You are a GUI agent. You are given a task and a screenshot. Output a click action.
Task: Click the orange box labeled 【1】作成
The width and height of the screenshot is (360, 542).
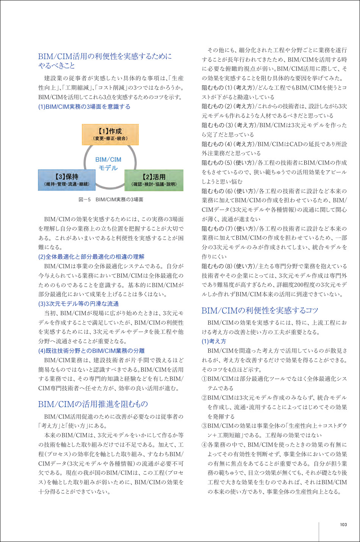click(110, 134)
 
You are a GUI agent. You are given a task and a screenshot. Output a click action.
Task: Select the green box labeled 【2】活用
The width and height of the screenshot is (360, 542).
click(154, 180)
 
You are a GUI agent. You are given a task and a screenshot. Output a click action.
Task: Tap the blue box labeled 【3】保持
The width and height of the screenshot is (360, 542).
click(67, 180)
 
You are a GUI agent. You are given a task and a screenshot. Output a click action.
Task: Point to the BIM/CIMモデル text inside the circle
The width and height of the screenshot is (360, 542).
click(108, 164)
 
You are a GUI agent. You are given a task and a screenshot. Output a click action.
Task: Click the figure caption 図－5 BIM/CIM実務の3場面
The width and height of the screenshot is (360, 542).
click(111, 199)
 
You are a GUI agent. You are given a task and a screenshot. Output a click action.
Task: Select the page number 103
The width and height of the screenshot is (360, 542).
click(343, 525)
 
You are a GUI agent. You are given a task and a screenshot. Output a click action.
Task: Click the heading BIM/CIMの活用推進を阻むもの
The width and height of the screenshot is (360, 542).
click(93, 404)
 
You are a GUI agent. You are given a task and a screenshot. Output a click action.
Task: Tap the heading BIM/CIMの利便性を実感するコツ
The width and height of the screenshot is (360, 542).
click(260, 310)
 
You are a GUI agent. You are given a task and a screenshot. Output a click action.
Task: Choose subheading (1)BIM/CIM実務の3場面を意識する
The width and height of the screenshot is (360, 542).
click(84, 107)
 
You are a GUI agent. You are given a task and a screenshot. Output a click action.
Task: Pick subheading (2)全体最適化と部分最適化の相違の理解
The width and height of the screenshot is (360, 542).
click(91, 257)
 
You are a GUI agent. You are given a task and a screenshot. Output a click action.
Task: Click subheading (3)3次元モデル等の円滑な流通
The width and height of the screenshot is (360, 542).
click(78, 304)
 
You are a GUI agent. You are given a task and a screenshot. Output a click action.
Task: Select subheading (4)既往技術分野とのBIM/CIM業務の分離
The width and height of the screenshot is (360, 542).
click(91, 351)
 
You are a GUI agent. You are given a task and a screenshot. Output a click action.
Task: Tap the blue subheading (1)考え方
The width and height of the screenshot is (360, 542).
click(214, 341)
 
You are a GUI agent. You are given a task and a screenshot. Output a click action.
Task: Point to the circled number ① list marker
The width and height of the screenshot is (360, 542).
click(204, 379)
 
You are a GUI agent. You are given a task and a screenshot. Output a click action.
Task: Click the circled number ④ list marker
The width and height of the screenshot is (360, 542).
click(204, 445)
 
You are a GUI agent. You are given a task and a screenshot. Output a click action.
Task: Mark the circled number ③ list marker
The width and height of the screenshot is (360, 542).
click(204, 426)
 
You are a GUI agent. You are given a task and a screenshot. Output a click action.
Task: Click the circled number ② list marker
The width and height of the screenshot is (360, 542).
click(204, 398)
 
